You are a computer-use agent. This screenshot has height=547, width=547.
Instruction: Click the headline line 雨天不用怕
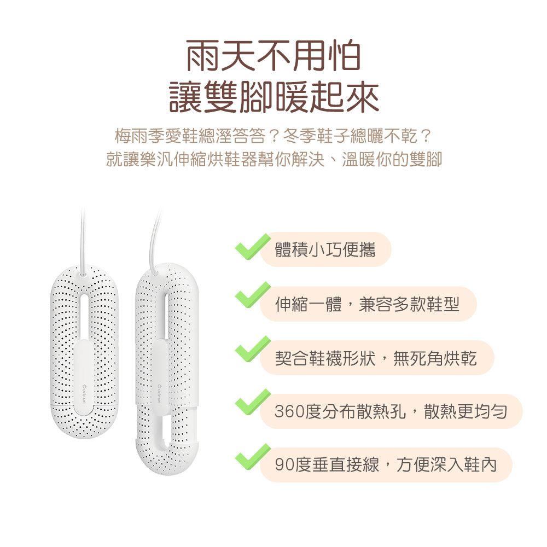point(273,56)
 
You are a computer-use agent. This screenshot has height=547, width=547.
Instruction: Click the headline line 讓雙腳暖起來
point(274,97)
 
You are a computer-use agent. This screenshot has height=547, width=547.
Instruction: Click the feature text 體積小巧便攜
point(325,250)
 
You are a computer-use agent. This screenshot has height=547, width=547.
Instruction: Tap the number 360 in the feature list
point(289,412)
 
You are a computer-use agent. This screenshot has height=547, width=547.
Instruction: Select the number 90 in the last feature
point(284,465)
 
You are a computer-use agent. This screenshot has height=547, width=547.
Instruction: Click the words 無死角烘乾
point(435,358)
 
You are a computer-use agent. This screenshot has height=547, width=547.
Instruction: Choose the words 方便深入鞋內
point(447,465)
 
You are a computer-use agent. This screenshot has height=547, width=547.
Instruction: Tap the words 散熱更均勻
point(465,412)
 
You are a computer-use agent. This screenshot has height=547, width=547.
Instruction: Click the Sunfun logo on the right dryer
point(159,394)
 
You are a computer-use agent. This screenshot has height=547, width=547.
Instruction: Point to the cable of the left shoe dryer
point(83,241)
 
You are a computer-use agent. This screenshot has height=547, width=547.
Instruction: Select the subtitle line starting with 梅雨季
point(273,136)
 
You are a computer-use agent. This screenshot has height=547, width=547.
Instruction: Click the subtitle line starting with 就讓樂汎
point(274,159)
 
